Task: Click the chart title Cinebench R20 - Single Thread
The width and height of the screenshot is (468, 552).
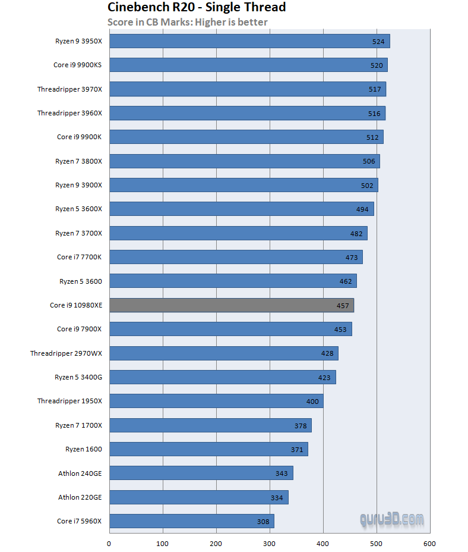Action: (197, 8)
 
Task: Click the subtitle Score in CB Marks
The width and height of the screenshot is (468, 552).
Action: (187, 22)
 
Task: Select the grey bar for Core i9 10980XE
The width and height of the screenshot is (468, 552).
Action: (232, 305)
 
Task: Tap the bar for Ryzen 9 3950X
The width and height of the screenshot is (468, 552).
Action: (249, 41)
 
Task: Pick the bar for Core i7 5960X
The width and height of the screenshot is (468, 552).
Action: (192, 521)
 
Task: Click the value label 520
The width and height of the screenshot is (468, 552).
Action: (377, 65)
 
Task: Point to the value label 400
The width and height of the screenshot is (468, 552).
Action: (312, 402)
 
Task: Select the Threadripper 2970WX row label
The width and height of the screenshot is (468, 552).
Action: (66, 353)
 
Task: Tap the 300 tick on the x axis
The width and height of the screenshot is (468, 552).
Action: (270, 544)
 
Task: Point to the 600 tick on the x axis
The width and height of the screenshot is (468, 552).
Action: (430, 544)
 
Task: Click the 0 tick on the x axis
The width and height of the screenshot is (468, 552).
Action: (109, 544)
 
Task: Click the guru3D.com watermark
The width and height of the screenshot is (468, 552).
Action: (391, 519)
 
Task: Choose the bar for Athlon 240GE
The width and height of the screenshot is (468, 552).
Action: (201, 473)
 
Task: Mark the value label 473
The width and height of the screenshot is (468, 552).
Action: (352, 258)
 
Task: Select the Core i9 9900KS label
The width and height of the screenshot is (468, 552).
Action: (77, 65)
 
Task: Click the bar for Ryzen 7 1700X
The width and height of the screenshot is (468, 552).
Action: (211, 425)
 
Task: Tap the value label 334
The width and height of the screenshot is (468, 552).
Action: (277, 498)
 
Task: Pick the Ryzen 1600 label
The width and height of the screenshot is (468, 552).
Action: (83, 449)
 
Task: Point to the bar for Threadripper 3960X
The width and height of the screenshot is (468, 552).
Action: (248, 113)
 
